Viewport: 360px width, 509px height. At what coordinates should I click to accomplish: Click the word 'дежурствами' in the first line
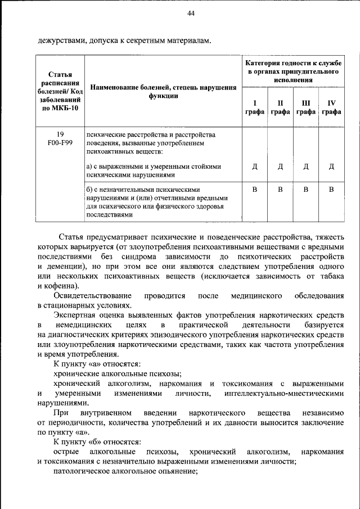tap(61, 40)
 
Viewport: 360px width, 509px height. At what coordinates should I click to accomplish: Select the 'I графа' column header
tap(254, 107)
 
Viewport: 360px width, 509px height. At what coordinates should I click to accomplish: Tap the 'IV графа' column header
tap(331, 107)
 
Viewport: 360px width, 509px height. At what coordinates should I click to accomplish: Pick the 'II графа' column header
tap(280, 107)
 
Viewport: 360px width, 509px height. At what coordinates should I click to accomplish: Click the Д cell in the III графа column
tap(306, 166)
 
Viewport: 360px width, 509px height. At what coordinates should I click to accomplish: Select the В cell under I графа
tap(254, 190)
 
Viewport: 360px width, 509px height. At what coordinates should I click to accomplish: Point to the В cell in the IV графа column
tap(331, 190)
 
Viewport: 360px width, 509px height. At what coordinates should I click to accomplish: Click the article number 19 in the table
tap(60, 134)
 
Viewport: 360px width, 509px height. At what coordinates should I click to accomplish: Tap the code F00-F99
tap(60, 143)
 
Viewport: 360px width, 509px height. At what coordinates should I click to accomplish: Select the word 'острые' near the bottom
tap(65, 452)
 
